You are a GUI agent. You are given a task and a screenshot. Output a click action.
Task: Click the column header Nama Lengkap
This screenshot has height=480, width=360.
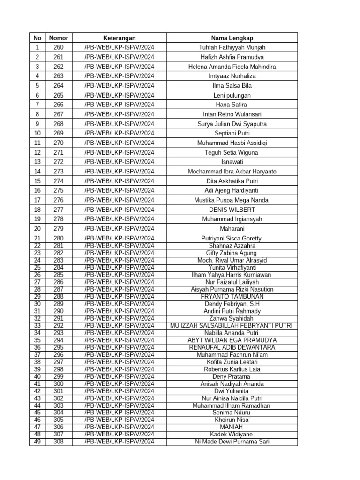(232, 38)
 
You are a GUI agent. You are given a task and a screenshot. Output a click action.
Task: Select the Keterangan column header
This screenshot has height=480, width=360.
(120, 38)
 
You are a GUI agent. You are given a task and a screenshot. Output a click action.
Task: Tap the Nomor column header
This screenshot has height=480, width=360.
(59, 38)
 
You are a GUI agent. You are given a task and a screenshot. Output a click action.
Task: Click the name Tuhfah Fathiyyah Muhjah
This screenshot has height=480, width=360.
(232, 47)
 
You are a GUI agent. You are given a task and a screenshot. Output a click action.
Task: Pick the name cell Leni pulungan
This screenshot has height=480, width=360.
(232, 95)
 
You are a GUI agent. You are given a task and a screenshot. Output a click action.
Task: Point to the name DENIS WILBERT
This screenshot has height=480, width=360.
(232, 210)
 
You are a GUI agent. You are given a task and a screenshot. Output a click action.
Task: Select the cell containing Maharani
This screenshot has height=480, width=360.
(232, 229)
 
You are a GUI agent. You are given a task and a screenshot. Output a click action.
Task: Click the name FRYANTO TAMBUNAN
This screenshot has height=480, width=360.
(232, 297)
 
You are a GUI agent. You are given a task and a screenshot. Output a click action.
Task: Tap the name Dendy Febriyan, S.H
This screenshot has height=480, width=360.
(232, 304)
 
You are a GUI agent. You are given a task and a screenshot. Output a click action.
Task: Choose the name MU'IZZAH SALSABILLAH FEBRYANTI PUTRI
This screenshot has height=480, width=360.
(232, 326)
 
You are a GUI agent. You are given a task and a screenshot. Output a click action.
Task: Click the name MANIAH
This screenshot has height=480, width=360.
(232, 427)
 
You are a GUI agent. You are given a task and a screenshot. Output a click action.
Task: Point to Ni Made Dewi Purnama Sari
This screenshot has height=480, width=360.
(232, 442)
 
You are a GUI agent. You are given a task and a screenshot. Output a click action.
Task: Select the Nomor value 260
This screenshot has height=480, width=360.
(59, 47)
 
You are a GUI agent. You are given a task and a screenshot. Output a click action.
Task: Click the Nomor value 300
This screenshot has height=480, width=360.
(59, 384)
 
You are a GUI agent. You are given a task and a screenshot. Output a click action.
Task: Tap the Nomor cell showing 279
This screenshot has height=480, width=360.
(59, 229)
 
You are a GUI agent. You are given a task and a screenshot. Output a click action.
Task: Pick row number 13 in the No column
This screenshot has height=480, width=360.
(37, 162)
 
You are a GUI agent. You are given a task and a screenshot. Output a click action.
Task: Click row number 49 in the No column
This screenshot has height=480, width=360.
(37, 442)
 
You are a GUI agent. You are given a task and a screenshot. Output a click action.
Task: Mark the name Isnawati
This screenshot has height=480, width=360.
(232, 162)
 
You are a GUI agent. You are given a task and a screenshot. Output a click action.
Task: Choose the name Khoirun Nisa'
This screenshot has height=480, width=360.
(232, 420)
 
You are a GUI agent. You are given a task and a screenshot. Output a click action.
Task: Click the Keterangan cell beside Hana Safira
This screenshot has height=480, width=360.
(120, 105)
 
